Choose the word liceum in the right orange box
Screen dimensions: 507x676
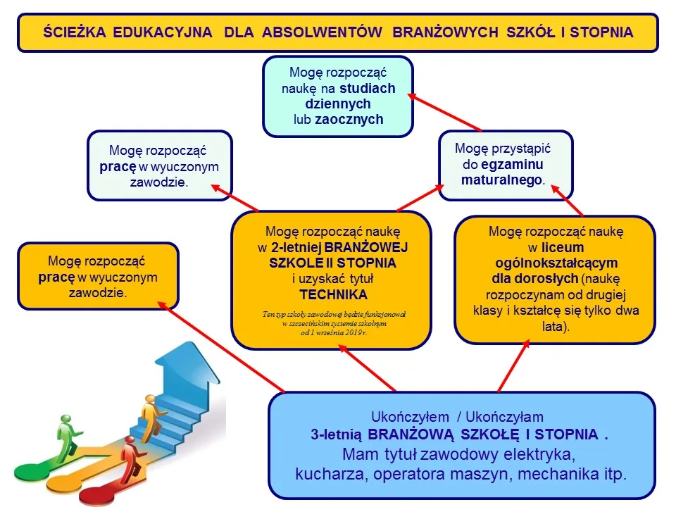coord(563,247)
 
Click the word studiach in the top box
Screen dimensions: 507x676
coord(367,89)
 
